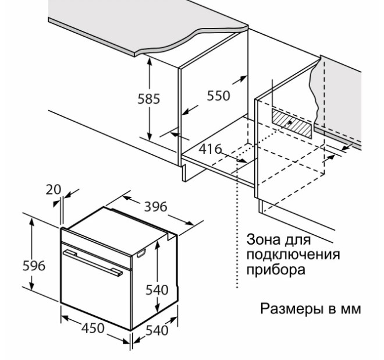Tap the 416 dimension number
tap(210, 149)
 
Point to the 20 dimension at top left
tap(54, 190)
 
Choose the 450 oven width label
tap(91, 328)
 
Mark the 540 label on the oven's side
tap(157, 290)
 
